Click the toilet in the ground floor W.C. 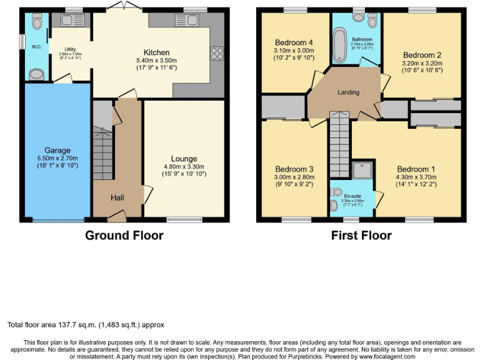pos(36,23)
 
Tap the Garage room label pos(57,150)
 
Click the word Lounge pos(184,159)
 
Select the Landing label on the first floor pos(348,92)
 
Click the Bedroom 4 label pos(293,42)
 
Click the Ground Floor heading pos(124,236)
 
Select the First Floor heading pos(361,236)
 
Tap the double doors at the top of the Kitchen pos(121,6)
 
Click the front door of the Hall pos(115,216)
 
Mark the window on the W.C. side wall pos(22,42)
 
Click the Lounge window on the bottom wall pos(181,219)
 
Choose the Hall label pos(117,197)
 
